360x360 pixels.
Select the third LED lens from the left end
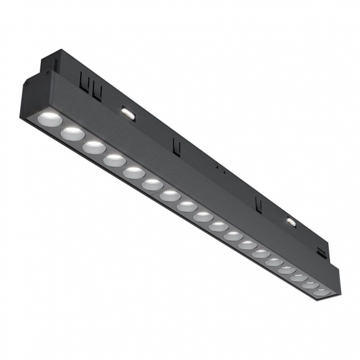[94, 146]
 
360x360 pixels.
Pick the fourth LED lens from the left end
[114, 160]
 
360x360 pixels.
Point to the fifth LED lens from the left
[134, 173]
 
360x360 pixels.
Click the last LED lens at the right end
[321, 290]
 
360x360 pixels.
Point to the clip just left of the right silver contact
[259, 204]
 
